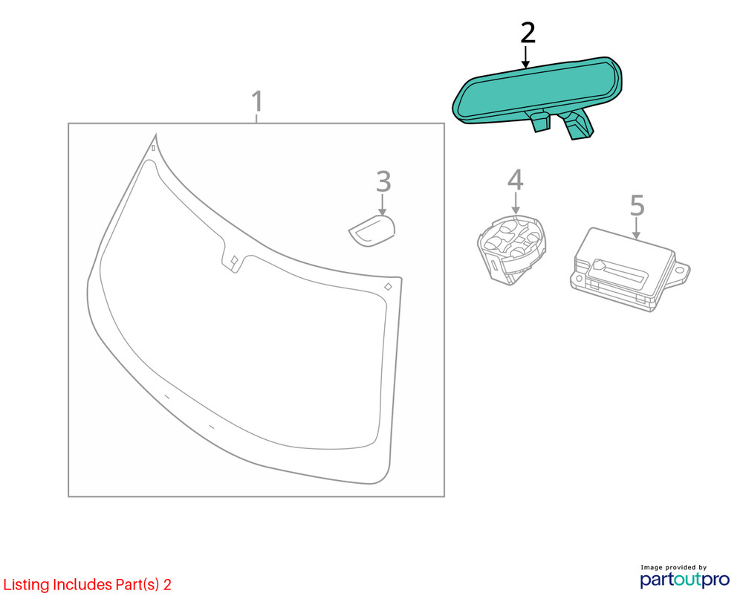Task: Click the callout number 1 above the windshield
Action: (x=257, y=101)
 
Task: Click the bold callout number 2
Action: (x=528, y=33)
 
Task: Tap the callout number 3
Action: (x=383, y=181)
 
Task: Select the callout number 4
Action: (x=515, y=180)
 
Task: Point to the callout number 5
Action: (x=637, y=205)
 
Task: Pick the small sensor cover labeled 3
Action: (x=372, y=231)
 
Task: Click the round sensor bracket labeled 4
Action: (x=511, y=250)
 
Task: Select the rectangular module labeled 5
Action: (x=629, y=269)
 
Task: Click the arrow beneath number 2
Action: (x=525, y=57)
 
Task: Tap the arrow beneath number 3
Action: (x=383, y=205)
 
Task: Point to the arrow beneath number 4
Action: (x=516, y=203)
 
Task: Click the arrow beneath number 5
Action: (x=637, y=228)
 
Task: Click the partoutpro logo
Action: (x=685, y=580)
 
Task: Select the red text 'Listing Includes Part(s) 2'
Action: (x=87, y=584)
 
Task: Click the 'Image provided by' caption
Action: (x=673, y=567)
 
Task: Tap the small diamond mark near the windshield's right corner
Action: (x=388, y=286)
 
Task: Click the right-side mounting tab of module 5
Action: (x=681, y=272)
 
